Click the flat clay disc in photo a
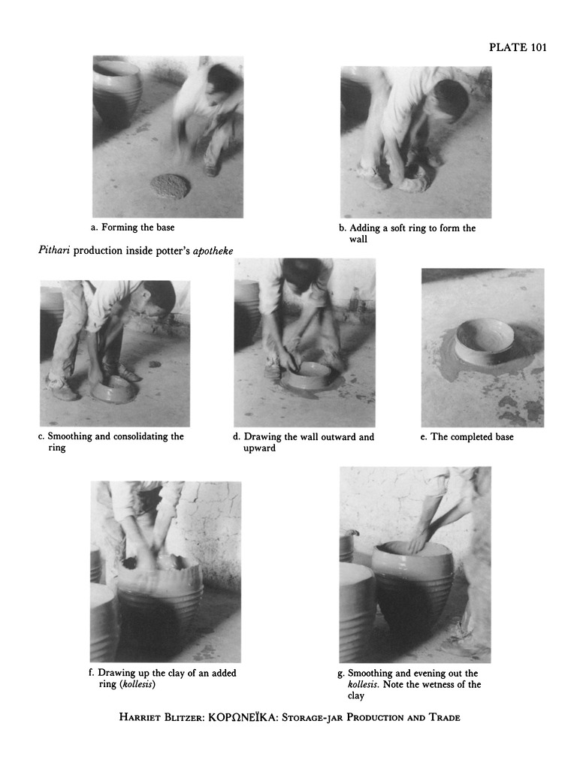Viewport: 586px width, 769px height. tap(169, 186)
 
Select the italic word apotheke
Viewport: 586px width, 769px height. tap(213, 251)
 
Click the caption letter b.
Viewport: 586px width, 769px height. tap(342, 228)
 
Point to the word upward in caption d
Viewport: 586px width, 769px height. tap(259, 448)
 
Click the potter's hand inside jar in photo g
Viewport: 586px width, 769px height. tap(418, 541)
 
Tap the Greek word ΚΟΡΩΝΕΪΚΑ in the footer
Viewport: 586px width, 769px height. tap(241, 717)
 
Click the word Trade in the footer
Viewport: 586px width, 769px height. tap(445, 718)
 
